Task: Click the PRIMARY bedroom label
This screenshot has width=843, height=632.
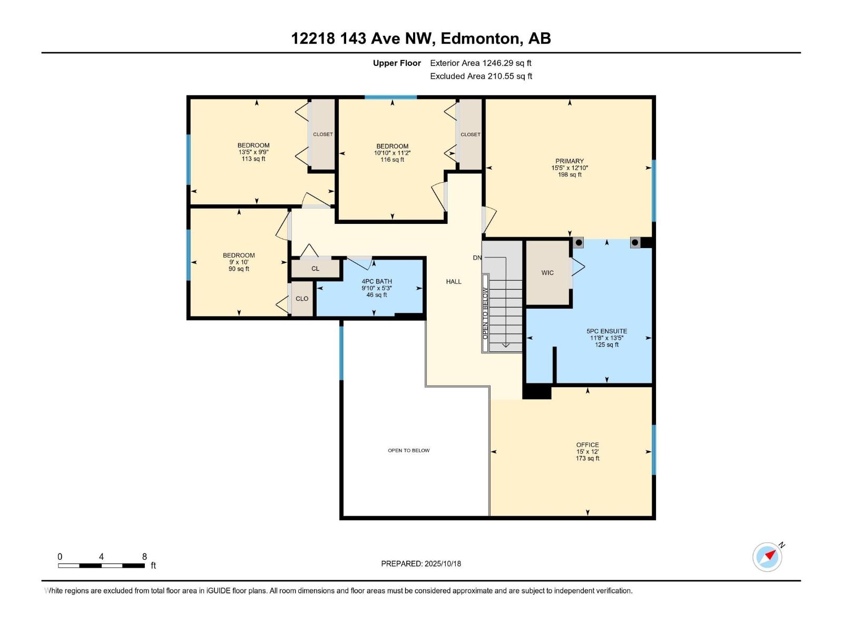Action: click(x=569, y=161)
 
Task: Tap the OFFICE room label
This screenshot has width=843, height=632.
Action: click(x=587, y=445)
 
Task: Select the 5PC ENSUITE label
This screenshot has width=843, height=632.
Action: click(x=606, y=331)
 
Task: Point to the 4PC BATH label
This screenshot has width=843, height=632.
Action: click(x=376, y=281)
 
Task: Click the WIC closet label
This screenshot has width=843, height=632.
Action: click(x=547, y=273)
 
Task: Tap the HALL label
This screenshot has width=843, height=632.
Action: click(x=454, y=282)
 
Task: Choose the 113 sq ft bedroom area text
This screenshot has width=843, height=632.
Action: click(x=253, y=159)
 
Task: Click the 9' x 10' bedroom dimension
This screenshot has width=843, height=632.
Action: click(x=239, y=262)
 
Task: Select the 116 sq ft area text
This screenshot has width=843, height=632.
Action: click(x=392, y=160)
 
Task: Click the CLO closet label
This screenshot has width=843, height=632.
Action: click(x=302, y=299)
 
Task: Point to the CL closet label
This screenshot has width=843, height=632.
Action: click(x=315, y=269)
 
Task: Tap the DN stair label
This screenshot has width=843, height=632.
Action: click(x=477, y=258)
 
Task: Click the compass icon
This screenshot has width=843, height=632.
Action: click(x=767, y=557)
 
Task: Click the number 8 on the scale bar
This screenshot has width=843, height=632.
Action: click(x=144, y=556)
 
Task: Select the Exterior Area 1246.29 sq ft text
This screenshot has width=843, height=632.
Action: click(x=481, y=63)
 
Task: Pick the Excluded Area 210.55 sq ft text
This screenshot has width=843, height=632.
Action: click(x=481, y=76)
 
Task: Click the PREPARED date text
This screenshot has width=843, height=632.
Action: click(x=421, y=564)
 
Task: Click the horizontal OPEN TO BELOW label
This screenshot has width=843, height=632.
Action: click(x=409, y=450)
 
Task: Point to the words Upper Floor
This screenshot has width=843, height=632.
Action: click(x=397, y=63)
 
